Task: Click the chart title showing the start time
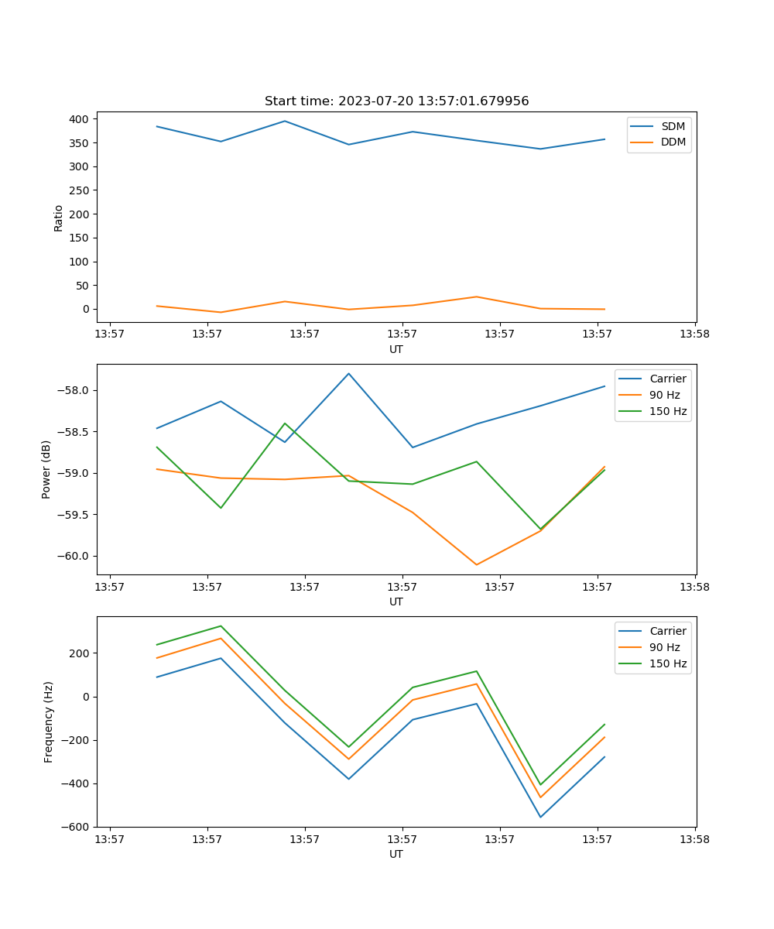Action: [396, 101]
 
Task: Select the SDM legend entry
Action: [673, 126]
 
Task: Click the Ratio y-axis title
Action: [59, 218]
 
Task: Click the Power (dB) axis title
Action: [46, 469]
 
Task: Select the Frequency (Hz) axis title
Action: [48, 722]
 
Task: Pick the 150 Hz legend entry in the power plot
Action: [668, 411]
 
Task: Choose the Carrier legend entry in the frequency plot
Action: [667, 631]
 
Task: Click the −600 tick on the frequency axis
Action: [77, 827]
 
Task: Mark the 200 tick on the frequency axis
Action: [81, 653]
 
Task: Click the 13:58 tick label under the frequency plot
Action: [694, 839]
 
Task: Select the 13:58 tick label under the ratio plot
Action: [694, 334]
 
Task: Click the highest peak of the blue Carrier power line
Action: [348, 374]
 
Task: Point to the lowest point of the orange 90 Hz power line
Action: [476, 564]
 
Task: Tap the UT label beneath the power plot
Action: [396, 602]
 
